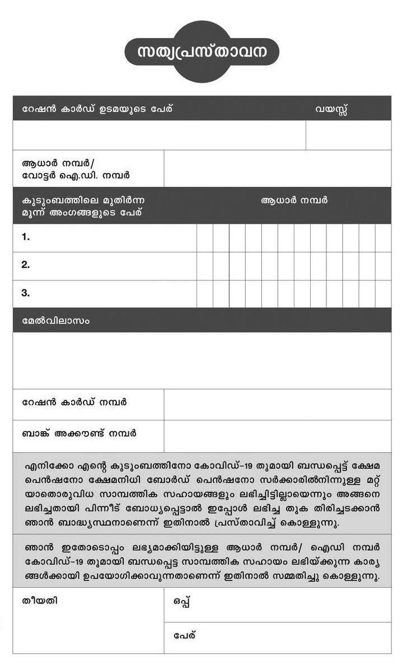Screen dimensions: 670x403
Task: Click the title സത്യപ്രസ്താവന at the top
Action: pos(201,51)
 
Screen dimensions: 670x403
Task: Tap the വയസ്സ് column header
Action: pos(331,109)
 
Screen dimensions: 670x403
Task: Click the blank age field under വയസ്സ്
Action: pos(348,135)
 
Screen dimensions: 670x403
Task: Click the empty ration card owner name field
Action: pos(160,135)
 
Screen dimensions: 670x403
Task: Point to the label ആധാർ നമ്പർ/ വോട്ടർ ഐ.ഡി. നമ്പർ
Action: pos(76,169)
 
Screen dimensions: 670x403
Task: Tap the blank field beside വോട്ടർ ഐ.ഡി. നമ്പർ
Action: pos(278,168)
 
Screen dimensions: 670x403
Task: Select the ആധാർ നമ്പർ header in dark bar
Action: pos(294,200)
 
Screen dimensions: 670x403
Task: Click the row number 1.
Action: pos(26,237)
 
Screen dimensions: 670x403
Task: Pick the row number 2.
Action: pos(26,265)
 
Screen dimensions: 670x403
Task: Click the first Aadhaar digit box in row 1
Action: pos(205,238)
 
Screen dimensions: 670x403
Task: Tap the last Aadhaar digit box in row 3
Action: pos(383,294)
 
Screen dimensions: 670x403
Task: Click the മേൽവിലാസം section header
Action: pos(55,321)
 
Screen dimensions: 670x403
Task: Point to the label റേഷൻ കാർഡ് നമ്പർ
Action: pos(74,402)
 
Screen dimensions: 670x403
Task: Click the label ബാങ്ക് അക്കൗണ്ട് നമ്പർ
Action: pos(79,434)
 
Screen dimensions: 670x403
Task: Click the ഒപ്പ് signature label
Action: pos(182,602)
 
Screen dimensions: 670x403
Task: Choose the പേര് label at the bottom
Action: pos(184,636)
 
